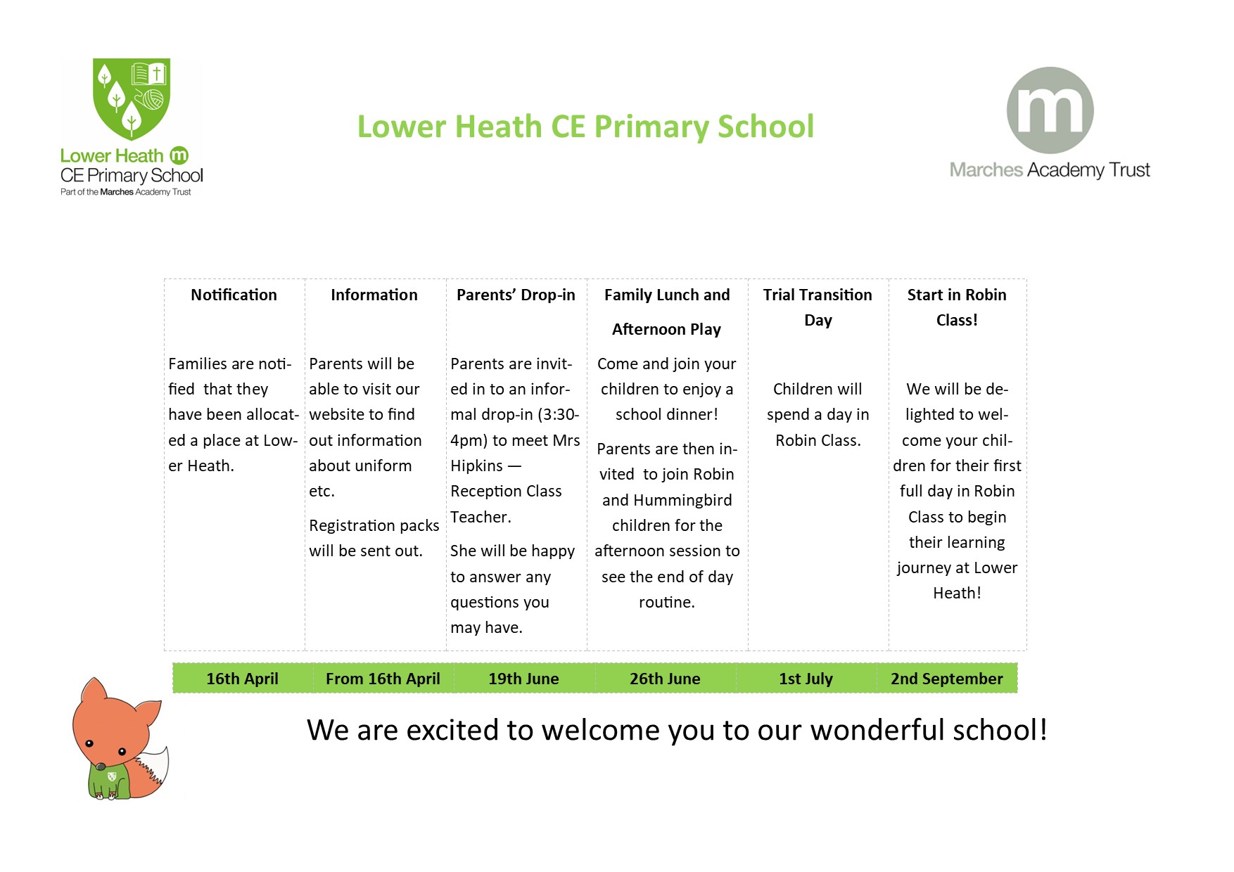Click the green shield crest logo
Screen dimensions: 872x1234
click(x=132, y=98)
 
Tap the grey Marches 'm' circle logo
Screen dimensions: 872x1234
click(x=1050, y=110)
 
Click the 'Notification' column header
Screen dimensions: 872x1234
click(x=234, y=295)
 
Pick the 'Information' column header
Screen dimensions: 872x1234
click(x=374, y=295)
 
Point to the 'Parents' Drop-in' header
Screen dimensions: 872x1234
click(x=516, y=295)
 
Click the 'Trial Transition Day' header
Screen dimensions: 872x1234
click(x=818, y=307)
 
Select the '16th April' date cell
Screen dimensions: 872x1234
click(x=242, y=679)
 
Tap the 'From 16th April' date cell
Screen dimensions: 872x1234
click(x=383, y=679)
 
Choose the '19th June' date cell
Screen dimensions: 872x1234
click(x=523, y=679)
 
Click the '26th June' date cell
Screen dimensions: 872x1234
click(x=665, y=679)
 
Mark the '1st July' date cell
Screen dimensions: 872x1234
click(x=806, y=679)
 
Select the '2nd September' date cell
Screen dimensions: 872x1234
click(x=946, y=679)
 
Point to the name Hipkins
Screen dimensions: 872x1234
click(x=477, y=466)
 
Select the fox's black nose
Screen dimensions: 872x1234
click(x=101, y=767)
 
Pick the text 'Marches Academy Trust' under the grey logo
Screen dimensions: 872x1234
click(x=1050, y=170)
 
